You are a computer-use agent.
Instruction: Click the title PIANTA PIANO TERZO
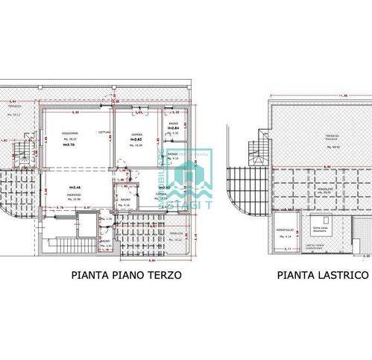[127, 275]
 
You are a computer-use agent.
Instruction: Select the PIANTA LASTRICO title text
[324, 275]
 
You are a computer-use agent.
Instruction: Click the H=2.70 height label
[71, 145]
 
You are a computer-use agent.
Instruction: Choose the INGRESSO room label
[75, 195]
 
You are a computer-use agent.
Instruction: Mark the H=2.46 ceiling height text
[75, 186]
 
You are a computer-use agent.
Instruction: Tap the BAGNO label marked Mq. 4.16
[124, 201]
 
